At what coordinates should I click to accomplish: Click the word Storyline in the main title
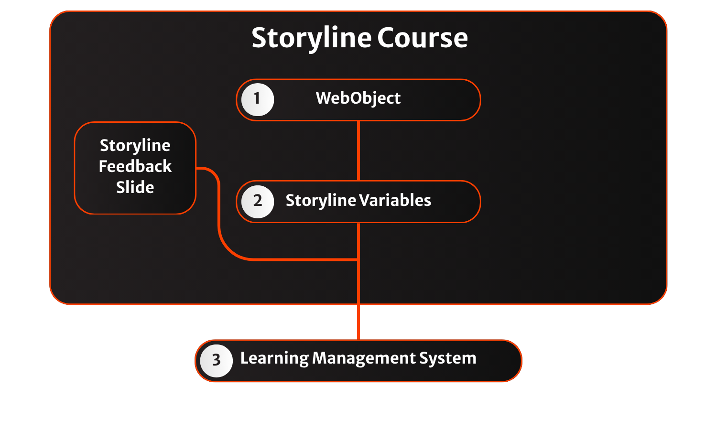point(312,38)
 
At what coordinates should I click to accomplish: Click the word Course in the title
point(422,38)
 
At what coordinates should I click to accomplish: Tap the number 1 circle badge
point(257,99)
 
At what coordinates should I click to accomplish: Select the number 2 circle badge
point(257,201)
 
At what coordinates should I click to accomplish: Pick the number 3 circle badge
point(216,360)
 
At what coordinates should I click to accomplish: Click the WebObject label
point(358,98)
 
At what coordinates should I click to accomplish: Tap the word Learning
point(274,358)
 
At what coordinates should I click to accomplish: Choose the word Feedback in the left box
point(135,166)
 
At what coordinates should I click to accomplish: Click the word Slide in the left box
point(135,187)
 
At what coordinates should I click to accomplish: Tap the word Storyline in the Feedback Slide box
point(135,145)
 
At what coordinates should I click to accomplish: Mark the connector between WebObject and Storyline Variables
point(358,150)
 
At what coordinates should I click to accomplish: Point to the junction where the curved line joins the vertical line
point(358,259)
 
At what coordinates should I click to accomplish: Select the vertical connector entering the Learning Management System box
point(358,322)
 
